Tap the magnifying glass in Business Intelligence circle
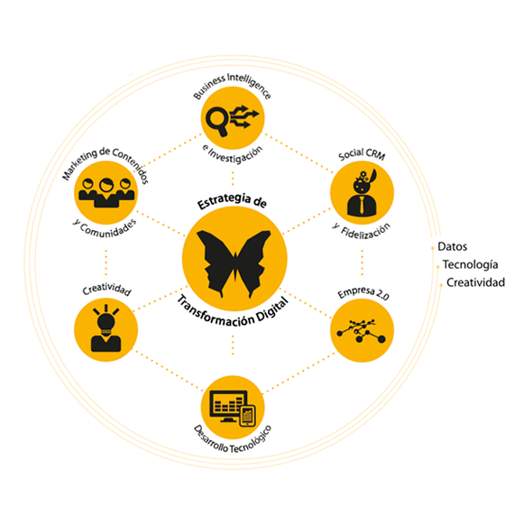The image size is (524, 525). tap(216, 121)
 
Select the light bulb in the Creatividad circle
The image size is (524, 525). tap(106, 323)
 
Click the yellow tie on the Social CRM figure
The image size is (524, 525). tap(362, 206)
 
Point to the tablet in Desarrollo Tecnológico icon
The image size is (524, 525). tap(248, 416)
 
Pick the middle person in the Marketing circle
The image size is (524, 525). tap(106, 193)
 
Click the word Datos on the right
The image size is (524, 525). tap(452, 247)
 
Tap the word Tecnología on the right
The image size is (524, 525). tap(470, 264)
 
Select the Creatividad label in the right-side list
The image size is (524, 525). tap(475, 282)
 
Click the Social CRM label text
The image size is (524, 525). tap(362, 154)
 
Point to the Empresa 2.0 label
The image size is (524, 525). tap(363, 293)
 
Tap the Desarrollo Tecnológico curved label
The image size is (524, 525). tap(233, 441)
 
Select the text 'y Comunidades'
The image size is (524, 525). tap(105, 229)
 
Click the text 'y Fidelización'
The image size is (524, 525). tap(362, 231)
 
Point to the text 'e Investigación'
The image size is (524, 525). tap(233, 154)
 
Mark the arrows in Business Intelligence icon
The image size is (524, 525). tap(244, 117)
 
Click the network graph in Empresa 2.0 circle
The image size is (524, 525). tap(362, 331)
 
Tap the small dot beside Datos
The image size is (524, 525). tap(433, 248)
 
